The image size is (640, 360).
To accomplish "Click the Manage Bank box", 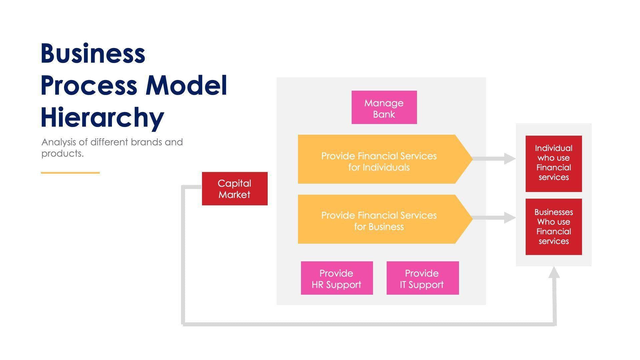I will point(384,107).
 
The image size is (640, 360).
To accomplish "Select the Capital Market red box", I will point(235,189).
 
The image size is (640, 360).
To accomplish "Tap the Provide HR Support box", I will point(337,278).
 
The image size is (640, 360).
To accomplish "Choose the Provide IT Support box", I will point(422,278).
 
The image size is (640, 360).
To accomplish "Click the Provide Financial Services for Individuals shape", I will point(379,159).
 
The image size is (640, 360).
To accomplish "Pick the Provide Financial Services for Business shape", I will point(379,219).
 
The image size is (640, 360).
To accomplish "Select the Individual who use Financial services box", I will point(554,164).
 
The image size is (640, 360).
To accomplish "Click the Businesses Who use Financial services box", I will point(554,227).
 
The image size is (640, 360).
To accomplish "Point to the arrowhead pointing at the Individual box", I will point(510,159).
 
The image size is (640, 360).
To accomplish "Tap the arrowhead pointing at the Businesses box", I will point(510,218).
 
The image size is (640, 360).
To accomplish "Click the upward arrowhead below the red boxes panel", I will point(554,272).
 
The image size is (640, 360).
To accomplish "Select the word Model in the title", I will point(186,85).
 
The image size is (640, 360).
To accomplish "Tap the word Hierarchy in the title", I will point(102,117).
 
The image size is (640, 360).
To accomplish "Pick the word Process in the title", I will point(89,85).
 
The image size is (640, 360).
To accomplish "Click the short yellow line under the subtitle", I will point(70,173).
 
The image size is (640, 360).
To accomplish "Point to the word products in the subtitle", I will point(62,154).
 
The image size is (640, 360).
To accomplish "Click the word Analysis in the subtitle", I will point(59,142).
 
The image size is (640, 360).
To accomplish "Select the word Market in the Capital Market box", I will point(234,195).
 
